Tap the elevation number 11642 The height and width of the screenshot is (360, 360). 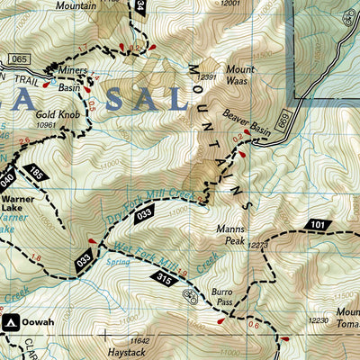click(x=139, y=339)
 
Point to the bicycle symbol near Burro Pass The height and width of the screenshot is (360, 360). click(x=190, y=295)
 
